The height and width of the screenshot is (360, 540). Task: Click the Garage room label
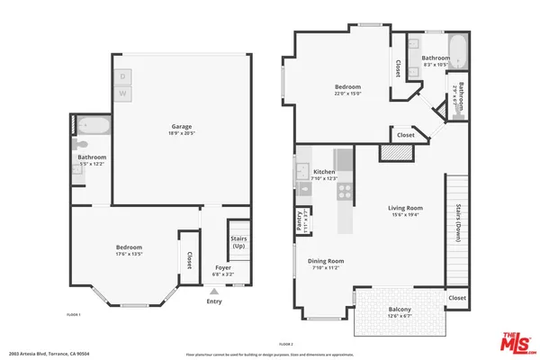[182, 130]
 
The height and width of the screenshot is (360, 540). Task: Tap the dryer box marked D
[123, 76]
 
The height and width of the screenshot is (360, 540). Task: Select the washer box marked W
[123, 94]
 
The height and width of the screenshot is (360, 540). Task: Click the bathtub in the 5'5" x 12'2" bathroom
[93, 125]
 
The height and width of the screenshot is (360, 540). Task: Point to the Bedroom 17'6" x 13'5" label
[129, 250]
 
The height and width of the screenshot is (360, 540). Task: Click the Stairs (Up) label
[239, 242]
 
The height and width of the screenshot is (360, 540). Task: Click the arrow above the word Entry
[214, 292]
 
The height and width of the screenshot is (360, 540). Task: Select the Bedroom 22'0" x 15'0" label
[347, 90]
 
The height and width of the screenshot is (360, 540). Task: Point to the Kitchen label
[324, 174]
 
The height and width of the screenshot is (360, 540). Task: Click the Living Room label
[405, 211]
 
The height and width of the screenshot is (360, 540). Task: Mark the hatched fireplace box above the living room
[392, 154]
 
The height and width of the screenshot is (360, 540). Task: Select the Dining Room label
[326, 264]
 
